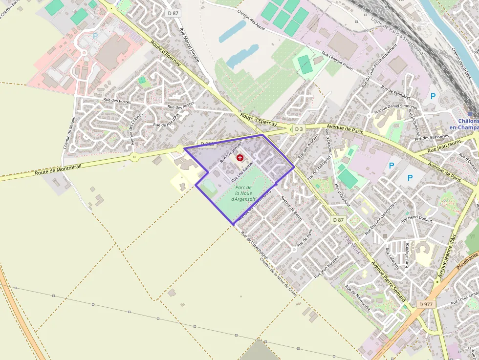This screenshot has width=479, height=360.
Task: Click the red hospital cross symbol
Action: (x=240, y=157)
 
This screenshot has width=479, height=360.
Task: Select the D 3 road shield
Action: (x=298, y=129)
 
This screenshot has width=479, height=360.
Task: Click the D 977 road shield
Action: (x=426, y=304)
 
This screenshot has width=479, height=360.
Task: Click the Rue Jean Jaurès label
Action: (x=445, y=148)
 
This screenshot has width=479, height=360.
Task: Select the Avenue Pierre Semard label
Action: (x=388, y=281)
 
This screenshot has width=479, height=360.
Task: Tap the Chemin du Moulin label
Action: (x=67, y=132)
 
